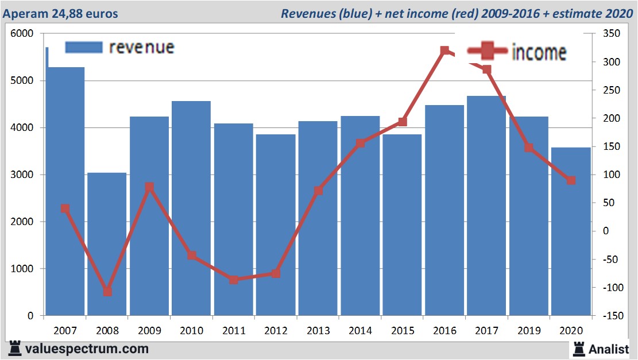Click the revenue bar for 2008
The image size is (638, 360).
point(107,244)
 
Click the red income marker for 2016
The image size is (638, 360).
point(444,51)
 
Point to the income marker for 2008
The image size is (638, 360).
point(107,292)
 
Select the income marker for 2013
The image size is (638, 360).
point(318,191)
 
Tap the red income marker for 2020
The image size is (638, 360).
point(571,180)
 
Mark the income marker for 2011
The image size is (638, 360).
point(234,280)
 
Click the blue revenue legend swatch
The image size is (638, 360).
point(83,47)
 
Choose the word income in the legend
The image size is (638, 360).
point(538,52)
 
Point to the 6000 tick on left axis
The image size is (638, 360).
point(22,34)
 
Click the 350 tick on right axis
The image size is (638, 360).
point(612,34)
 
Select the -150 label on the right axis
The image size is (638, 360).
point(610,316)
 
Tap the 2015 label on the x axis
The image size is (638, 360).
point(403,331)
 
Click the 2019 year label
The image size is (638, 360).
point(529,331)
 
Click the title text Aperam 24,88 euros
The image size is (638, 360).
point(60,13)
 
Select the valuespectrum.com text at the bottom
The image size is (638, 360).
point(86,349)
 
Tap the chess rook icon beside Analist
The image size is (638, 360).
point(578,348)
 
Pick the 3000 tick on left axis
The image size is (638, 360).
point(22,175)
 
